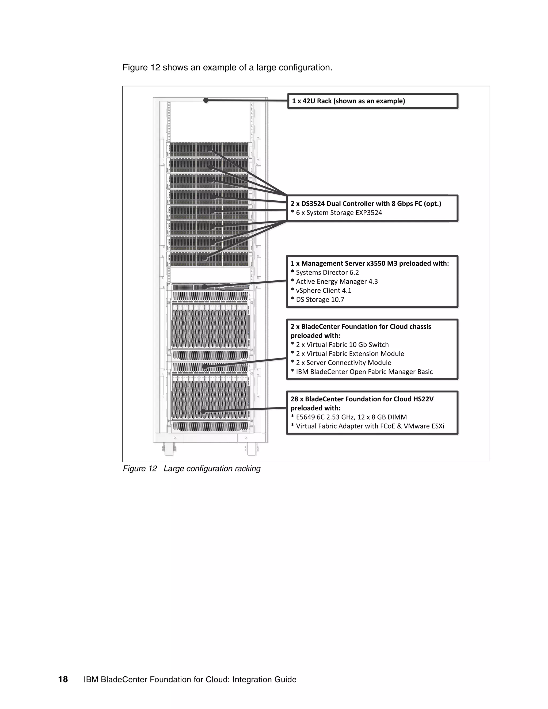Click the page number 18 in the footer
click(63, 679)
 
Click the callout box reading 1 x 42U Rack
click(372, 101)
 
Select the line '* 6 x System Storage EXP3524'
click(336, 213)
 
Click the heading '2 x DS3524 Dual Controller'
click(366, 204)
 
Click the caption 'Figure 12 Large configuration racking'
click(192, 469)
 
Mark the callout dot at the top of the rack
click(206, 100)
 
